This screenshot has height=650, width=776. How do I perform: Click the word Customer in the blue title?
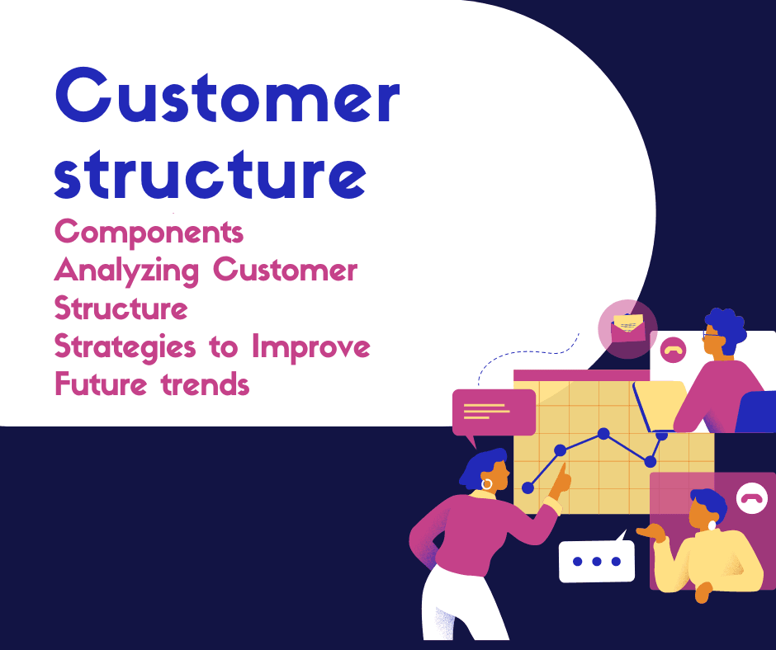pyautogui.click(x=227, y=95)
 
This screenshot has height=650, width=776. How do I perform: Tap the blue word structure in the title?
pyautogui.click(x=211, y=173)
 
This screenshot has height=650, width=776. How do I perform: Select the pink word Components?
pyautogui.click(x=149, y=232)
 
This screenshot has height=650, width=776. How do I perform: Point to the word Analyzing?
pyautogui.click(x=126, y=271)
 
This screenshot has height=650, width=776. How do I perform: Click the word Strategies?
pyautogui.click(x=125, y=347)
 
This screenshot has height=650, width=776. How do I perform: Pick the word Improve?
pyautogui.click(x=310, y=347)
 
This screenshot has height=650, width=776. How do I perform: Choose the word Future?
pyautogui.click(x=101, y=384)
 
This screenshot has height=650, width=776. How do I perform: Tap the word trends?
pyautogui.click(x=205, y=384)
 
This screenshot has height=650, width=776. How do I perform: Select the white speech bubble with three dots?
pyautogui.click(x=597, y=559)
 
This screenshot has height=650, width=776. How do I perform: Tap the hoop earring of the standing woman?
pyautogui.click(x=487, y=484)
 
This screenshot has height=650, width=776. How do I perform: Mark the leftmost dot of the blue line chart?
pyautogui.click(x=528, y=487)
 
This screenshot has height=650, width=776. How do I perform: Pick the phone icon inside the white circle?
pyautogui.click(x=752, y=498)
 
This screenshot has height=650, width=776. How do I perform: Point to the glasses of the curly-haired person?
pyautogui.click(x=712, y=335)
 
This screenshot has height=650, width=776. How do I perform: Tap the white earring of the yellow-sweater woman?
pyautogui.click(x=712, y=525)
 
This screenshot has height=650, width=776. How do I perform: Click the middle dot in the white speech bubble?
pyautogui.click(x=597, y=562)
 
